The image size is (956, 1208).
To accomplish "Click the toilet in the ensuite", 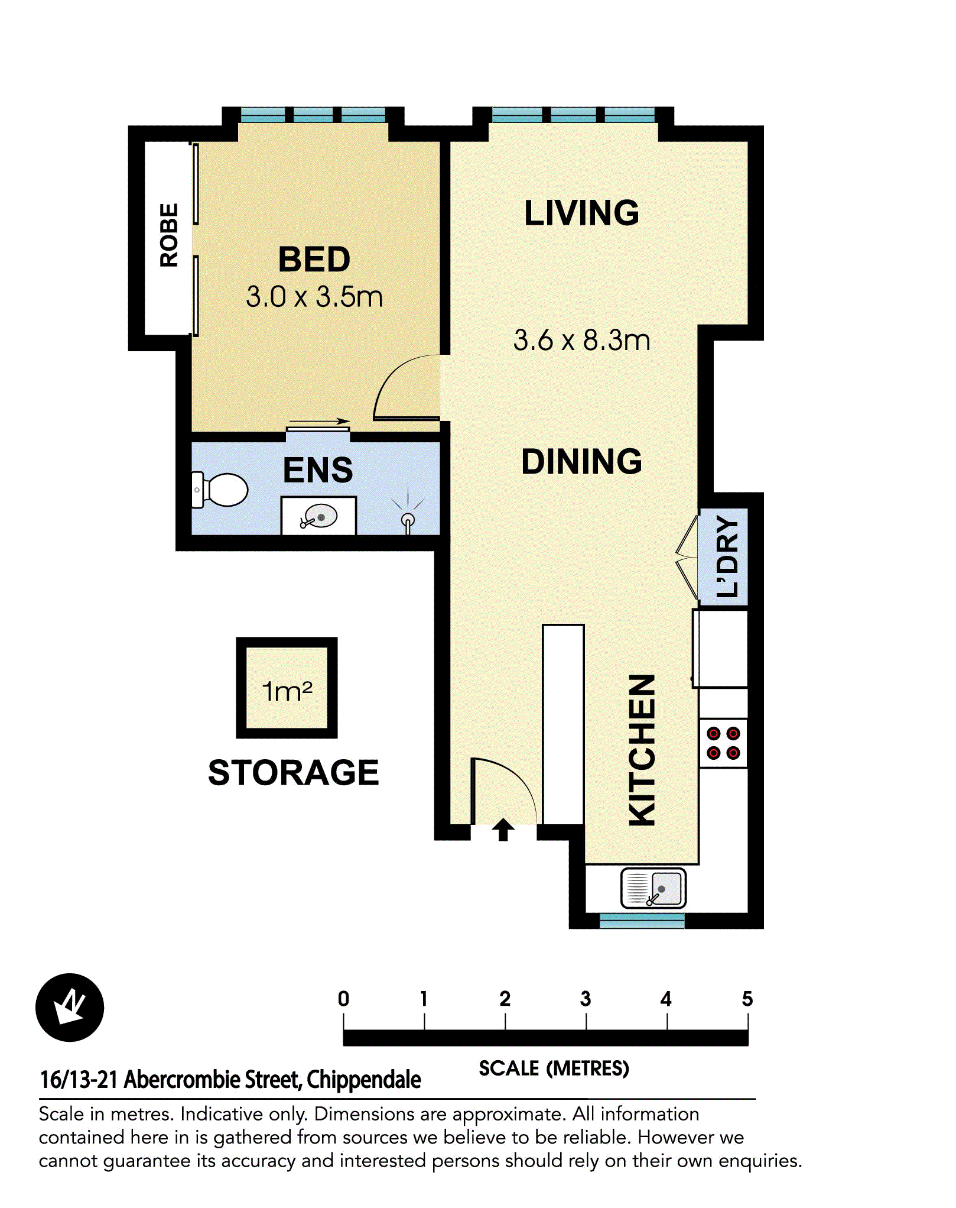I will (222, 490).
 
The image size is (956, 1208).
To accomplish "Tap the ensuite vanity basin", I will (320, 517).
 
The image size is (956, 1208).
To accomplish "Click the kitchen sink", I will (653, 888).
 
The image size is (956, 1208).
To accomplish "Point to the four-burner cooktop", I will (723, 743).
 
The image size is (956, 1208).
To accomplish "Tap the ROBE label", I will (169, 235).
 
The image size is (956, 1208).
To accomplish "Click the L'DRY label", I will (726, 556).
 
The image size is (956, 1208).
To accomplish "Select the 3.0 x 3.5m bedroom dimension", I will (314, 297).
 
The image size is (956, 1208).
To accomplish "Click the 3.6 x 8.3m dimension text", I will (581, 341).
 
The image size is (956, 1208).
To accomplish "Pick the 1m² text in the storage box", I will (287, 691).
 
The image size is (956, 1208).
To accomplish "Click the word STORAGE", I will (293, 772).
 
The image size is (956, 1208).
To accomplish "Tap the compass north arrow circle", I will (70, 1007).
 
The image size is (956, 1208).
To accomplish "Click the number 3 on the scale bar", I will (586, 999).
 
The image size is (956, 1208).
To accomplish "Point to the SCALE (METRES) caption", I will (554, 1068).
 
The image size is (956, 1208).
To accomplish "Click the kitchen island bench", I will (563, 724).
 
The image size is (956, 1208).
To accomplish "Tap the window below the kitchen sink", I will (642, 920).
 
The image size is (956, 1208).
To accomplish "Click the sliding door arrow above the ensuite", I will (320, 422).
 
